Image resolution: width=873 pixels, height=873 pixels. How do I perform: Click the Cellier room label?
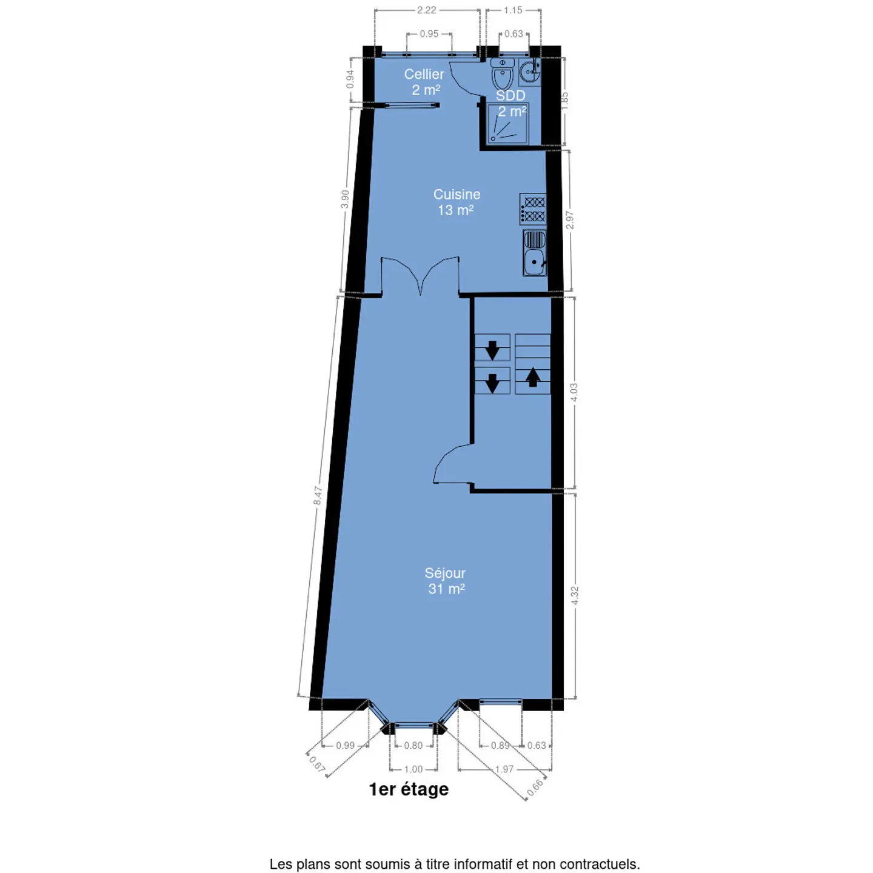pyautogui.click(x=424, y=75)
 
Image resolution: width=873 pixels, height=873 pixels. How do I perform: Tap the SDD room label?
pyautogui.click(x=510, y=96)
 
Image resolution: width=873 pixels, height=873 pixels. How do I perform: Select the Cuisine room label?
pyautogui.click(x=457, y=195)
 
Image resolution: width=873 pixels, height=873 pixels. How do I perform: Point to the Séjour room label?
pyautogui.click(x=445, y=573)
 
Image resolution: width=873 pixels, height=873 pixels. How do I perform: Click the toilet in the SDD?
pyautogui.click(x=502, y=74)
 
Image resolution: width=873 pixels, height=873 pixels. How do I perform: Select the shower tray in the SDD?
pyautogui.click(x=507, y=124)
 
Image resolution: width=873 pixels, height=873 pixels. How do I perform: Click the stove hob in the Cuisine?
pyautogui.click(x=533, y=209)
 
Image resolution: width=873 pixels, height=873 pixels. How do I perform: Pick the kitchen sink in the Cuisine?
pyautogui.click(x=535, y=253)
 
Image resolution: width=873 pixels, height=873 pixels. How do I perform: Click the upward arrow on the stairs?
pyautogui.click(x=533, y=377)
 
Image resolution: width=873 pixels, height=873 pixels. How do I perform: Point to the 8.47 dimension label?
pyautogui.click(x=318, y=496)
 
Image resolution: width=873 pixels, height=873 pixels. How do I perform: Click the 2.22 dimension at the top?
pyautogui.click(x=426, y=10)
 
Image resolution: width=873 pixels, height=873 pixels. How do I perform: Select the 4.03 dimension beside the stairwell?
pyautogui.click(x=574, y=392)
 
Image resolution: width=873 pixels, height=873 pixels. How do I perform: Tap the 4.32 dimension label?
pyautogui.click(x=575, y=595)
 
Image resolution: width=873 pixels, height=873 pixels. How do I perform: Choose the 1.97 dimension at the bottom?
pyautogui.click(x=504, y=769)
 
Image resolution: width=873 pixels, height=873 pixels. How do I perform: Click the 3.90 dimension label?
pyautogui.click(x=345, y=199)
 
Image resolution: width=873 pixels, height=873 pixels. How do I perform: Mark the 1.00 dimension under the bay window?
pyautogui.click(x=413, y=769)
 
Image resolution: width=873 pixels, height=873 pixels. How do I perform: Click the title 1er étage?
pyautogui.click(x=409, y=789)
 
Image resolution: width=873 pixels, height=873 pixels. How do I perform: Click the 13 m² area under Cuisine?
pyautogui.click(x=456, y=210)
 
